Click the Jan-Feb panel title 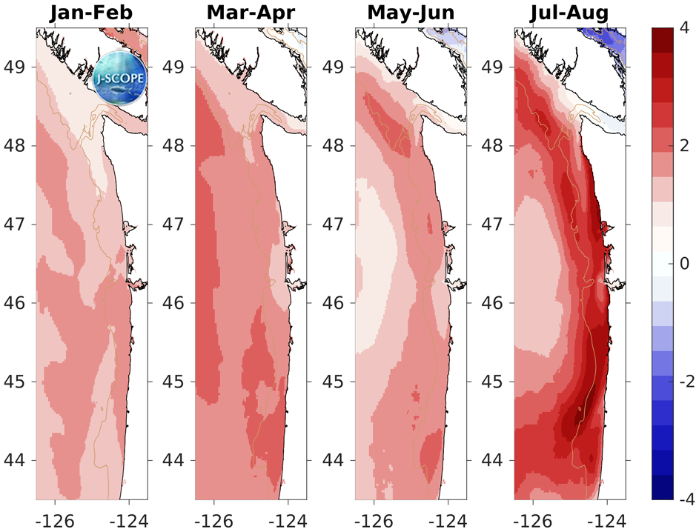tap(91, 13)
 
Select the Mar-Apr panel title tap(251, 13)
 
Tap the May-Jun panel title tap(411, 13)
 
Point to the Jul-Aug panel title tap(570, 13)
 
